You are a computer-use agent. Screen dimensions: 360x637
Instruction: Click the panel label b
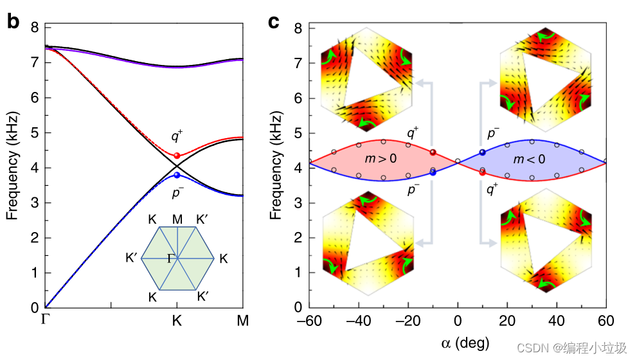click(13, 22)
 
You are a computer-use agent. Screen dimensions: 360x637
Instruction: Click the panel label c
click(273, 22)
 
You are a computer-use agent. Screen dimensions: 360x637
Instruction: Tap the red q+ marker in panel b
click(177, 156)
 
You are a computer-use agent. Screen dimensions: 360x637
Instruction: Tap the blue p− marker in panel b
click(177, 175)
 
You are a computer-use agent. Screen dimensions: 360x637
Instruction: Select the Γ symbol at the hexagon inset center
click(171, 258)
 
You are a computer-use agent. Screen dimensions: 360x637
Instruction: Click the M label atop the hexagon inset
click(177, 220)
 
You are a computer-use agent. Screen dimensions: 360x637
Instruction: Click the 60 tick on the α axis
click(605, 321)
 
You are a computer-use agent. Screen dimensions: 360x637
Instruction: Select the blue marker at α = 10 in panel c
click(482, 152)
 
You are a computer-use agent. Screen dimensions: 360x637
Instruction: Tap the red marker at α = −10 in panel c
click(433, 152)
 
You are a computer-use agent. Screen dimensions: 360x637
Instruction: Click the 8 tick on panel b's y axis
click(35, 28)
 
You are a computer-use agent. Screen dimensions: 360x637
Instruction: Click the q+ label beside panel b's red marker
click(176, 136)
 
